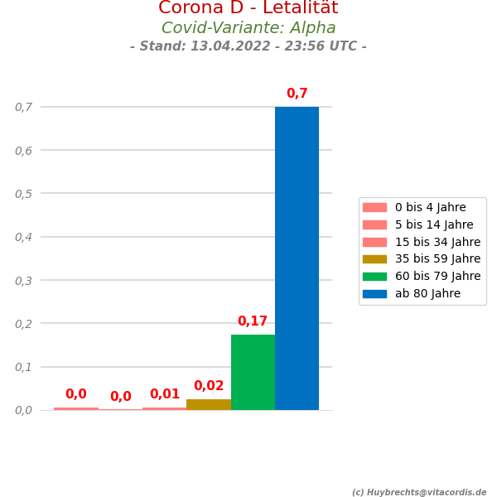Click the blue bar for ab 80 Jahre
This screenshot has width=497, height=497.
(297, 258)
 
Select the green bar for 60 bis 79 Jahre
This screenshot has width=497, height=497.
(253, 372)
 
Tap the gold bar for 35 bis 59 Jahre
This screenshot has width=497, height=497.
(209, 404)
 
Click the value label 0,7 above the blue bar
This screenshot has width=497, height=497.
(297, 94)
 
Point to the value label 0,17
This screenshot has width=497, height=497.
(253, 321)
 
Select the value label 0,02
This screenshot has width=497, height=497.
(209, 386)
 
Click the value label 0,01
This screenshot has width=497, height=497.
(165, 394)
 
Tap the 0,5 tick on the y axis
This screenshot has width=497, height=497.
(23, 194)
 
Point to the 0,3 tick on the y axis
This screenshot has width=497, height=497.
(23, 281)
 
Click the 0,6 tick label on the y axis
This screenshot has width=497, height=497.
(23, 151)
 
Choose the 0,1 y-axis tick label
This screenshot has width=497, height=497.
(23, 367)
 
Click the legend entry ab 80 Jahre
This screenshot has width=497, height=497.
(427, 293)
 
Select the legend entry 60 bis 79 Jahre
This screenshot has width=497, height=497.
(437, 276)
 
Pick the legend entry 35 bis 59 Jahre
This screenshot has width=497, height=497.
(437, 258)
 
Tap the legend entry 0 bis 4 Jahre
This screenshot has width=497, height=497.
(430, 207)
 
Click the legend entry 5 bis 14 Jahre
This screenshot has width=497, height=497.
(434, 224)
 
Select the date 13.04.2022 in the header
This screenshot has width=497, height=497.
(226, 46)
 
